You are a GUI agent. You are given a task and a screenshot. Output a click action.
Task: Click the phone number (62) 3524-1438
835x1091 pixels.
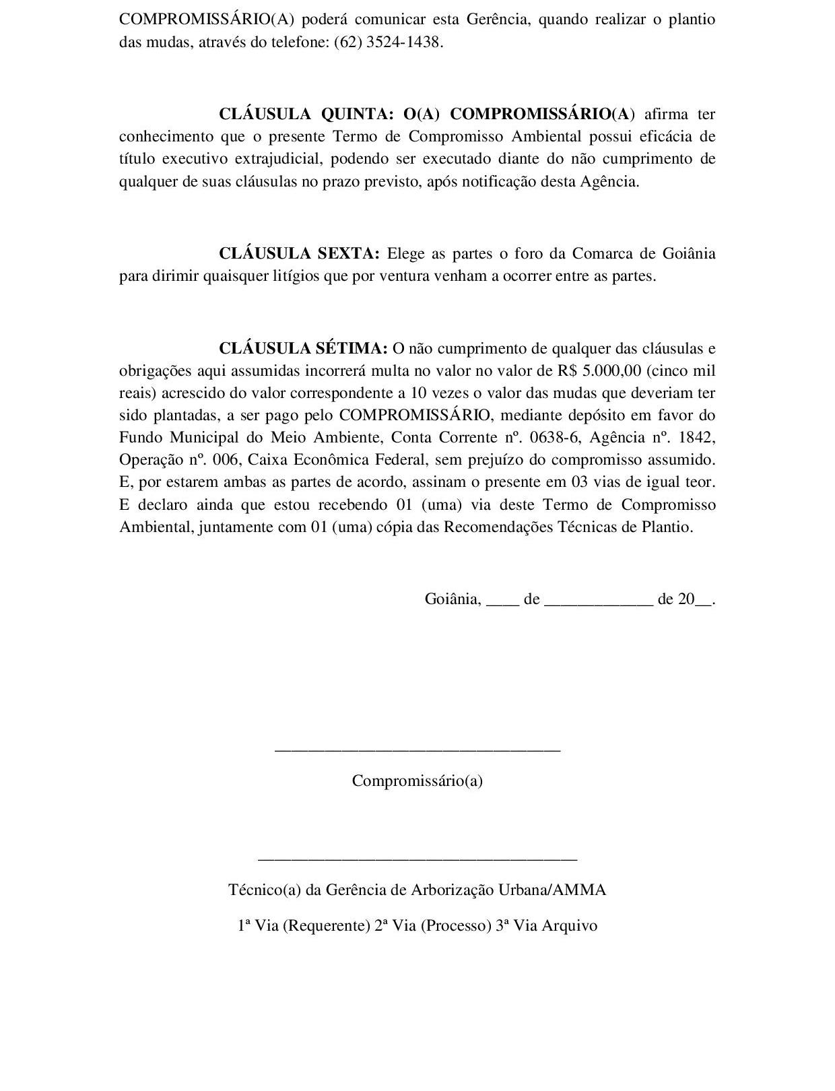[x=389, y=42]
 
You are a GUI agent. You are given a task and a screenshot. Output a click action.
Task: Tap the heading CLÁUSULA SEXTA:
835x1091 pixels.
[x=300, y=253]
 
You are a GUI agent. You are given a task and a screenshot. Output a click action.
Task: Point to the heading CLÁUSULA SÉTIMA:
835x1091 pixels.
[x=303, y=348]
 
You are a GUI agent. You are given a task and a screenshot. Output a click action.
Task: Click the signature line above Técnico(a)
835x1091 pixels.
[x=417, y=859]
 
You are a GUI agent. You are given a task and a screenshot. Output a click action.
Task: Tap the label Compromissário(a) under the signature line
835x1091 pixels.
[x=417, y=781]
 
